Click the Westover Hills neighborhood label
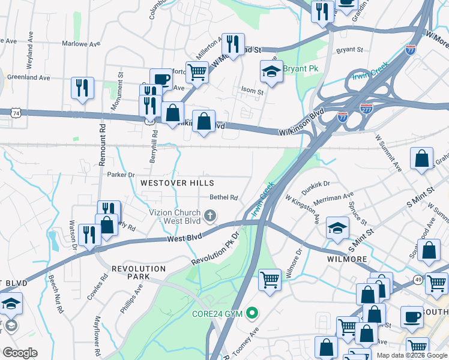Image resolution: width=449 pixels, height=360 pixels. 177,182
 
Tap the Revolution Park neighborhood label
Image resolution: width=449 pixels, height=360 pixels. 138,272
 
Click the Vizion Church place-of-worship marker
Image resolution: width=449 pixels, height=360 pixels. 210,215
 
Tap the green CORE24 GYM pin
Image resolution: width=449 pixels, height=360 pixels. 253,313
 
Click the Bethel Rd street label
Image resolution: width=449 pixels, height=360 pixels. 224,197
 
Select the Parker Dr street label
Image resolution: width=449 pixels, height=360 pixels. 121,175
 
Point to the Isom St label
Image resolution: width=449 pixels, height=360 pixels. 252,91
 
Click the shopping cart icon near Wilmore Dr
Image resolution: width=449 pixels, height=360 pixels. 270,280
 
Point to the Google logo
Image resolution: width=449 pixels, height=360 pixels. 20,353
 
